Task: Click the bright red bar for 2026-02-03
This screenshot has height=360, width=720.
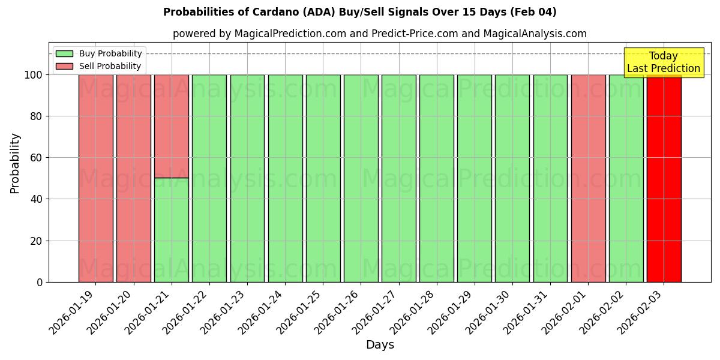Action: [664, 180]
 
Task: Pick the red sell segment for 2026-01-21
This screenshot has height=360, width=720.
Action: [172, 126]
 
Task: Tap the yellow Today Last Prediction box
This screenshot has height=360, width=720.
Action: [664, 62]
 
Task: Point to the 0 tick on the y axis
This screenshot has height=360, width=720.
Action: [40, 282]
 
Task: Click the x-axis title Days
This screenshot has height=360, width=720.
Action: [380, 345]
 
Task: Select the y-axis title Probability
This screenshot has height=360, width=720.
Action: [15, 163]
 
